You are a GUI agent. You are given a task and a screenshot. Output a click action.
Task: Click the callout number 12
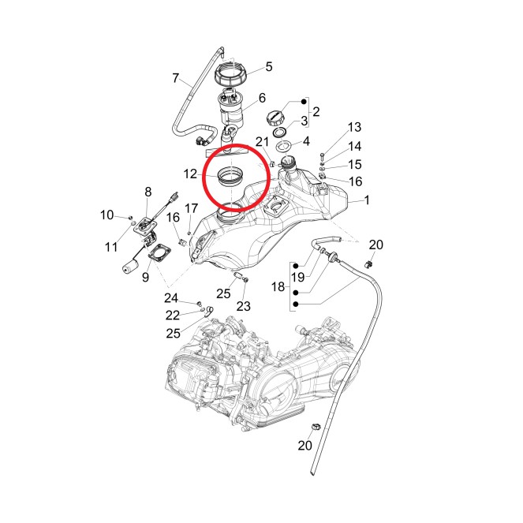(x=190, y=174)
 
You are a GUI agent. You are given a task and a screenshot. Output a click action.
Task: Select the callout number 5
(x=269, y=67)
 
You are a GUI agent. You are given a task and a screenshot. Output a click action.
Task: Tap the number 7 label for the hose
(x=176, y=78)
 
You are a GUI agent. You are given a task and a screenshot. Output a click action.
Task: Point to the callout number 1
(x=367, y=200)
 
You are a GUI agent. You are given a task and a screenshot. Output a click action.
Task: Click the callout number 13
(x=354, y=127)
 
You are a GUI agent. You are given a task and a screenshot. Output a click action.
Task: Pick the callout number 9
(x=145, y=277)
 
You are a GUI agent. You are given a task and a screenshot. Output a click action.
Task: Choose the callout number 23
(x=244, y=306)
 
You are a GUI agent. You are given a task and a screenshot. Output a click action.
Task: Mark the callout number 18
(x=278, y=286)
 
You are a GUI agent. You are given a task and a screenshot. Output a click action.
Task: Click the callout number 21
(x=262, y=142)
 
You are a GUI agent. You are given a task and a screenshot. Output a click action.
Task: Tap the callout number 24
(x=171, y=298)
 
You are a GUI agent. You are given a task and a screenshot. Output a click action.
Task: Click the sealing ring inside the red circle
(x=230, y=176)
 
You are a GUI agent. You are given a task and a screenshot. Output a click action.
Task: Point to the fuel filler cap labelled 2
(x=275, y=118)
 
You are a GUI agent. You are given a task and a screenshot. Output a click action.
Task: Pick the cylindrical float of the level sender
(x=130, y=267)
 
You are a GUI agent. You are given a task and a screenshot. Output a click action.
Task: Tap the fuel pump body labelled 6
(x=231, y=110)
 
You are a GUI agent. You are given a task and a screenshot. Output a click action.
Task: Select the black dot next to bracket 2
(x=304, y=102)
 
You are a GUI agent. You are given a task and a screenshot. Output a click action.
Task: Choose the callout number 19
(x=298, y=277)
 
